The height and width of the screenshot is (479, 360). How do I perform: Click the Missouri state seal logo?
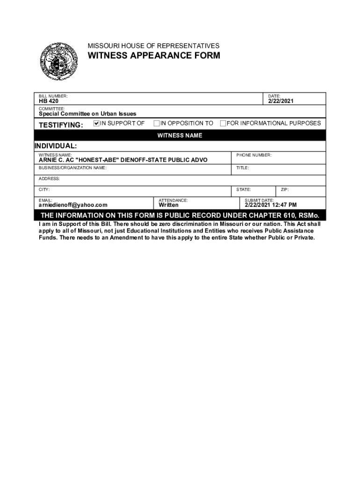click(58, 61)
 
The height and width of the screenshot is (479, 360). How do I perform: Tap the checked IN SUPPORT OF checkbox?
click(97, 123)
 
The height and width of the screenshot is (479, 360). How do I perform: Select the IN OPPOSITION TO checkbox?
click(157, 123)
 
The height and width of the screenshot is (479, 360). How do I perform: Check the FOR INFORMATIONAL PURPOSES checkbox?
click(223, 123)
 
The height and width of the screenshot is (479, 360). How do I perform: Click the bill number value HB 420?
click(49, 101)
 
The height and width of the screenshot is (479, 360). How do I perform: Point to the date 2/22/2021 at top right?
click(281, 101)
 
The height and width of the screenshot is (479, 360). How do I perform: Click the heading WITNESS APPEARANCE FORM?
click(154, 56)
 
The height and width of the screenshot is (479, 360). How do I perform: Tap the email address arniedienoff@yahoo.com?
click(73, 205)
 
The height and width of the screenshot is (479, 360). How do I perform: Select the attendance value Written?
click(168, 205)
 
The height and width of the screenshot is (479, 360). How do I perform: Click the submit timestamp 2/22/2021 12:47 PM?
click(271, 205)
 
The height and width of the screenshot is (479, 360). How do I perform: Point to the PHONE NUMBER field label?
click(253, 155)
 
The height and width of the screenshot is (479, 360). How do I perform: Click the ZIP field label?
click(285, 189)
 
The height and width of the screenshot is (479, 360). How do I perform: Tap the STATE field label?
click(244, 189)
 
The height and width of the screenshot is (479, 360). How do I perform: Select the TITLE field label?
click(243, 167)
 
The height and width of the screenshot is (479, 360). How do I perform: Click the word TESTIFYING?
click(61, 125)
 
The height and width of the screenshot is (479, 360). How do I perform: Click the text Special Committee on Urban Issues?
click(87, 114)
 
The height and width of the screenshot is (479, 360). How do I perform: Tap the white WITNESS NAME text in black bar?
click(180, 136)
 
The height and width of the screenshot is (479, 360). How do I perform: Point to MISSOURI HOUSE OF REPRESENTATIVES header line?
click(153, 46)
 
